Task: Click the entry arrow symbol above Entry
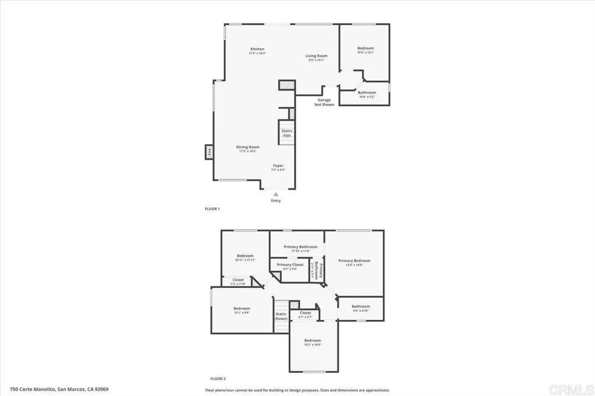coord(276,195)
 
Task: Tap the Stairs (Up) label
coord(287,133)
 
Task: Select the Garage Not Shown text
coord(324,102)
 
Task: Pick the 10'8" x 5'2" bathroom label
coord(367,95)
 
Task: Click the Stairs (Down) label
coord(281,316)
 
